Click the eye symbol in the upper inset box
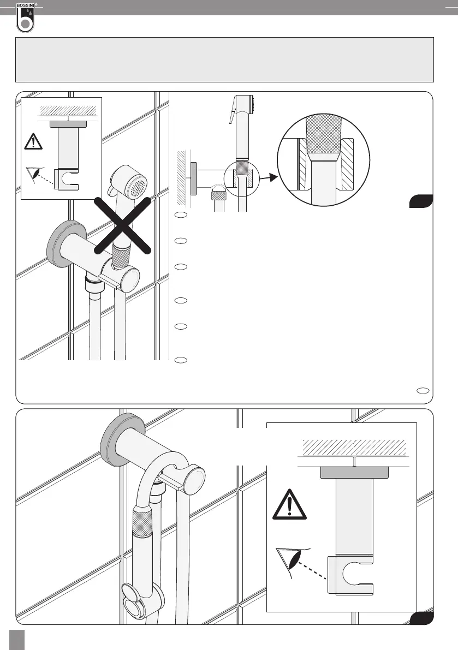point(35,174)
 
